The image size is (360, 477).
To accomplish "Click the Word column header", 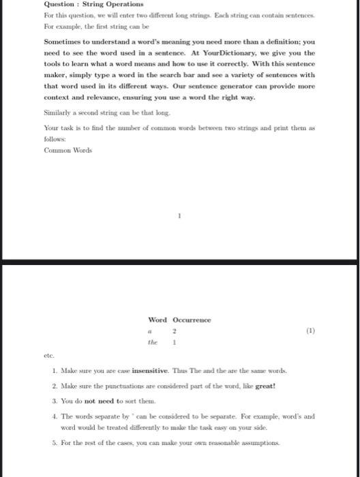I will point(157,320).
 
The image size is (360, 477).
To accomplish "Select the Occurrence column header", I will point(192,320).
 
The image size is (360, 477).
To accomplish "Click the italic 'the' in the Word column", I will point(158,344).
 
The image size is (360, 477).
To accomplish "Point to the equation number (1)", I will point(310,333).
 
